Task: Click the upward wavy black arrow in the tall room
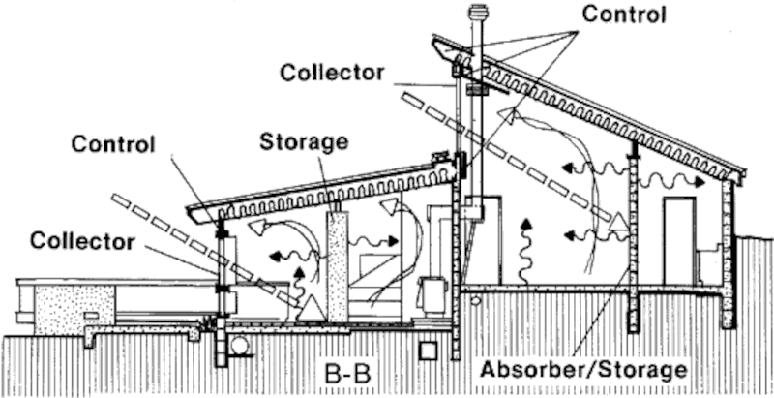coord(526,247)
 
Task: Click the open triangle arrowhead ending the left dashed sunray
coord(312,310)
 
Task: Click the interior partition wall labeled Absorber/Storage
coord(634,242)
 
